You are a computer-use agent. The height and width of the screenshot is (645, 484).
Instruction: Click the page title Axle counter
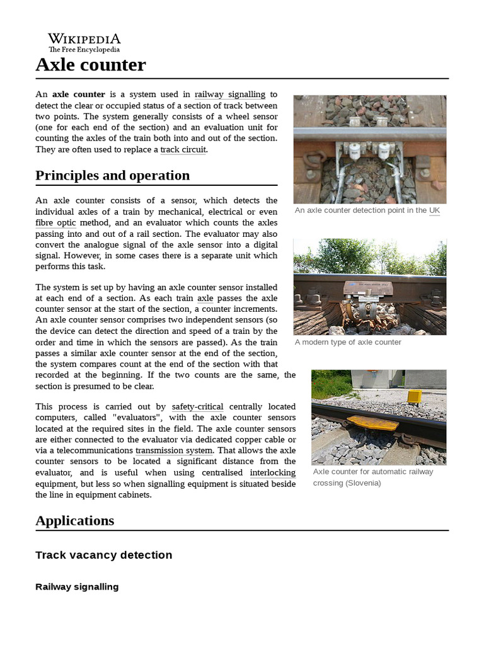pyautogui.click(x=90, y=64)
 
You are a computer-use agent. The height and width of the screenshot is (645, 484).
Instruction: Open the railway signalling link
pyautogui.click(x=229, y=94)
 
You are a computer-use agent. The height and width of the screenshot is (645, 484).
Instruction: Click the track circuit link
pyautogui.click(x=183, y=150)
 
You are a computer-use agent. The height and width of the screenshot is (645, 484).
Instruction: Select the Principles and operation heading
pyautogui.click(x=112, y=176)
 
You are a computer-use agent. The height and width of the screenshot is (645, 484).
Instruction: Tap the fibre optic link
pyautogui.click(x=55, y=223)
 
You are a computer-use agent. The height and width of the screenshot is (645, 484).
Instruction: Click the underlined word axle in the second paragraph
pyautogui.click(x=205, y=299)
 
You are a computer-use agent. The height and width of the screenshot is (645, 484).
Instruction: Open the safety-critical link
pyautogui.click(x=197, y=407)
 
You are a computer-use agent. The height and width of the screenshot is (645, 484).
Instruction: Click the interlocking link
pyautogui.click(x=272, y=473)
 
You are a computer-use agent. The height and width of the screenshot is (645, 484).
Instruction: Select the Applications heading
pyautogui.click(x=74, y=521)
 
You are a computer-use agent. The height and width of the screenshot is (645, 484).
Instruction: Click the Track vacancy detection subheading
pyautogui.click(x=103, y=555)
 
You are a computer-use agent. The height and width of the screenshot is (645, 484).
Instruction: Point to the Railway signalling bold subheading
pyautogui.click(x=77, y=587)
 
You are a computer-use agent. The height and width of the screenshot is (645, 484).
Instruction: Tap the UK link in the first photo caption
pyautogui.click(x=434, y=210)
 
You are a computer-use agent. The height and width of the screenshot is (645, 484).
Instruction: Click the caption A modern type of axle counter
pyautogui.click(x=348, y=342)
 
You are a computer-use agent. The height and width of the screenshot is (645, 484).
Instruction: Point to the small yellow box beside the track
pyautogui.click(x=413, y=396)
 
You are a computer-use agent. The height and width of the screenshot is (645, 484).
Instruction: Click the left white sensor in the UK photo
pyautogui.click(x=353, y=150)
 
